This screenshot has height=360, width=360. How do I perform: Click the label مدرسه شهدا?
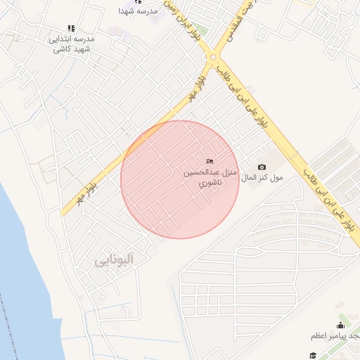click(x=136, y=12)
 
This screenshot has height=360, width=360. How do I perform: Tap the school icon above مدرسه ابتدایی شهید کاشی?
click(x=70, y=28)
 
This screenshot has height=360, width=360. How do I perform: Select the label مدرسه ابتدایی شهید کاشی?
click(x=72, y=44)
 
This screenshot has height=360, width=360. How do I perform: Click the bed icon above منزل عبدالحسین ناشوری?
click(x=210, y=162)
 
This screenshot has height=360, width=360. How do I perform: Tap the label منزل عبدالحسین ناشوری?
click(x=210, y=176)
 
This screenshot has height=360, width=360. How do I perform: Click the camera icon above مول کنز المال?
click(x=262, y=167)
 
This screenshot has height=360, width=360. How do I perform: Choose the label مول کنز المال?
click(x=262, y=179)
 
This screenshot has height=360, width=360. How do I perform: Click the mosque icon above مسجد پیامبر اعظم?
click(x=341, y=325)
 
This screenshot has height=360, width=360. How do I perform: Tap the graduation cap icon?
click(x=312, y=356)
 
